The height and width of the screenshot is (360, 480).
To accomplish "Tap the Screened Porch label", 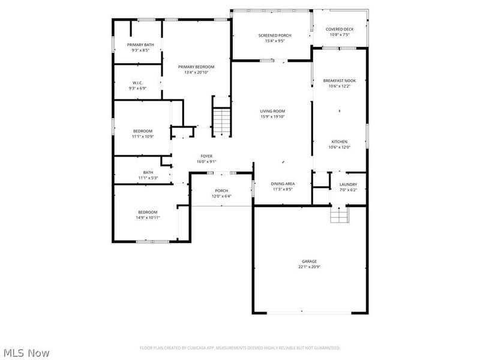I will coord(275,35).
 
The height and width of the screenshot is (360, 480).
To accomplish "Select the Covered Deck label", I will coord(340,29).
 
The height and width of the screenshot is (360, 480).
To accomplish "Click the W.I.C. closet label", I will coord(137,83).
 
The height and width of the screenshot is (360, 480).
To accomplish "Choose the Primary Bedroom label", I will coord(196,67).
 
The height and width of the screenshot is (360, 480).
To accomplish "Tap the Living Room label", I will coord(272,111).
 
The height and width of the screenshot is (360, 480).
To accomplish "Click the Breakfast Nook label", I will coord(339,80).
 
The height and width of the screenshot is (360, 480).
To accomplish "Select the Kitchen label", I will coord(339,142).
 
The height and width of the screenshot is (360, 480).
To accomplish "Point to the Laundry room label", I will coord(348,185).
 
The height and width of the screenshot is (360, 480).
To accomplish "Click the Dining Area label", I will coord(282,184).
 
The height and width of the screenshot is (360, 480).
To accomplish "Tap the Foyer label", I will coord(206,156).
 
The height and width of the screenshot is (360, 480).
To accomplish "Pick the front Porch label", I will coord(221,191).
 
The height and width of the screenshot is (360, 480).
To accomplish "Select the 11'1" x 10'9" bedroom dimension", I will coord(143,136).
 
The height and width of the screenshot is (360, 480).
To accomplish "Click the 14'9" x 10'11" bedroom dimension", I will coord(148,217).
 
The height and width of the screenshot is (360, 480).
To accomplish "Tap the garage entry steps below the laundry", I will coord(339,215).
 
